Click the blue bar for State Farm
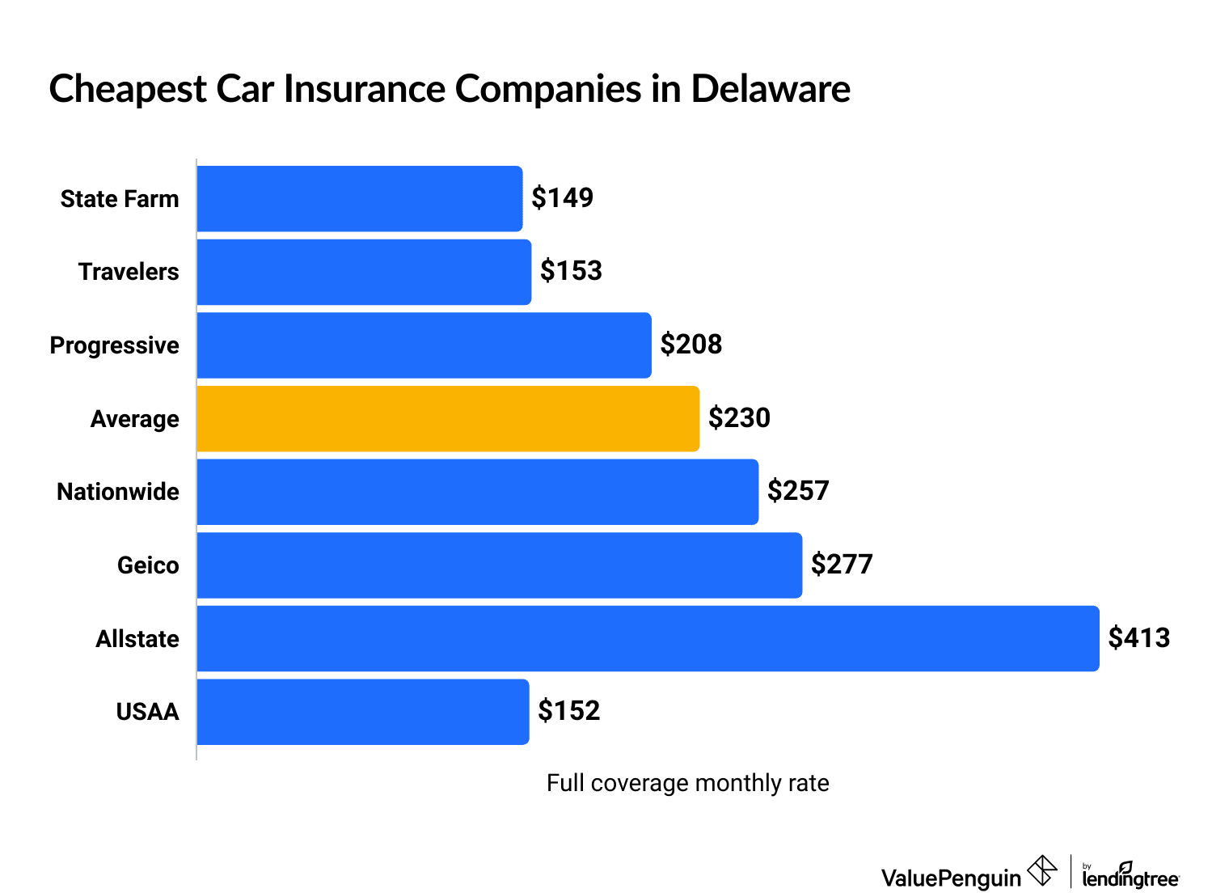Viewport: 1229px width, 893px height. click(x=360, y=199)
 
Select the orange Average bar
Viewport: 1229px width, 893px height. click(x=448, y=419)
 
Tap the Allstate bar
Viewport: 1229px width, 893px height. click(x=648, y=638)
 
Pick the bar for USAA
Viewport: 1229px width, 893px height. click(x=363, y=712)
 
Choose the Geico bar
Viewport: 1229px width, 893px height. click(x=499, y=565)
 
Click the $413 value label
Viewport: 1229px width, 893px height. click(x=1138, y=638)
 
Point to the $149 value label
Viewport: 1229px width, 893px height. click(x=562, y=198)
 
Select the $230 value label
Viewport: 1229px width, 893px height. click(x=739, y=418)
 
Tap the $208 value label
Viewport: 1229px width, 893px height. click(x=691, y=345)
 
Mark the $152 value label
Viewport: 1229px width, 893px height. click(x=568, y=711)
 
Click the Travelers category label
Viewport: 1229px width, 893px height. click(x=129, y=272)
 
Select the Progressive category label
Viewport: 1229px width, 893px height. click(x=114, y=345)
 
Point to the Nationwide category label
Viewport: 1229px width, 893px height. click(x=118, y=492)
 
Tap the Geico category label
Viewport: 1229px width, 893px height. click(x=148, y=565)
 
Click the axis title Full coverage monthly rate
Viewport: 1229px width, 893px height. click(x=687, y=783)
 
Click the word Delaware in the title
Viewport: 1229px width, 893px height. click(x=770, y=89)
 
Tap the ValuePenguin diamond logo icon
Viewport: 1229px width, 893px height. click(x=1041, y=871)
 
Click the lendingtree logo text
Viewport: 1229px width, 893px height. click(x=1130, y=878)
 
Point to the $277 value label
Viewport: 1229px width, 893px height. click(x=842, y=565)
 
